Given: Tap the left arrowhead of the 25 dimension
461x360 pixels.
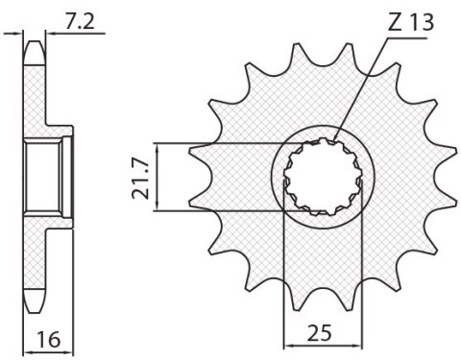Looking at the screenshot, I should [287, 344].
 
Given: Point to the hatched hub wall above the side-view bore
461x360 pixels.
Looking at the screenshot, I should [46, 132].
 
